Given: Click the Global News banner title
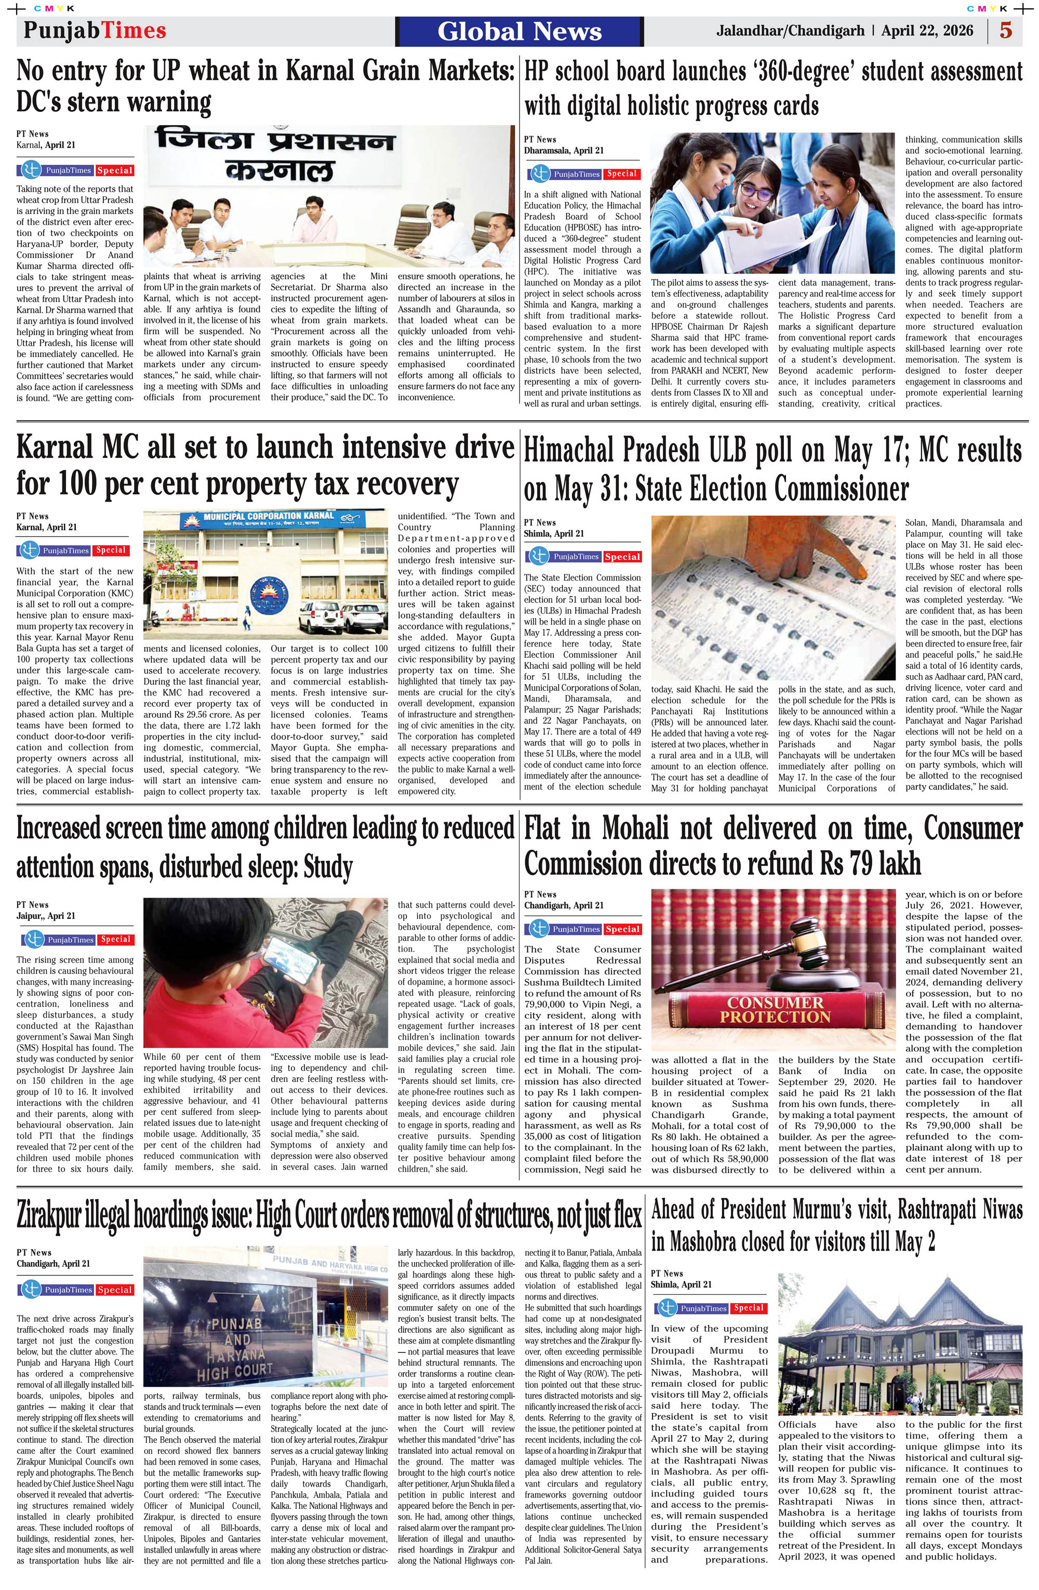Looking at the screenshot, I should coord(519,31).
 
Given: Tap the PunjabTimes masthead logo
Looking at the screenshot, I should coord(95,30).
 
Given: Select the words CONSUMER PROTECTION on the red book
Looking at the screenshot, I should coord(775,1009).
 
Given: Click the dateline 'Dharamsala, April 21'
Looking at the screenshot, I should coord(564,150).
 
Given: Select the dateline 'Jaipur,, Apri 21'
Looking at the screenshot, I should coord(46,915).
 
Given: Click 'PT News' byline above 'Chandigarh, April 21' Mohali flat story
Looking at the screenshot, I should coord(540,894).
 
